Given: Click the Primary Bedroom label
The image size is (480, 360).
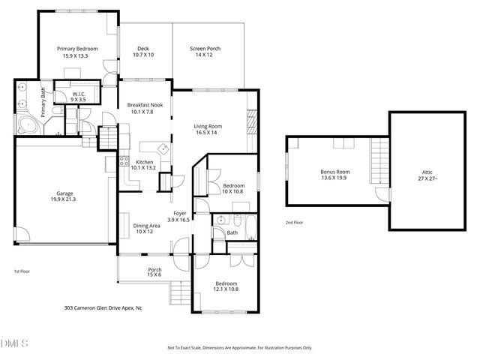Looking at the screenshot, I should pos(77,48).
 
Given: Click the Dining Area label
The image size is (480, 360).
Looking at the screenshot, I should pos(146,226).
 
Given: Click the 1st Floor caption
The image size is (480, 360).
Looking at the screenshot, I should pos(22,271).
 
